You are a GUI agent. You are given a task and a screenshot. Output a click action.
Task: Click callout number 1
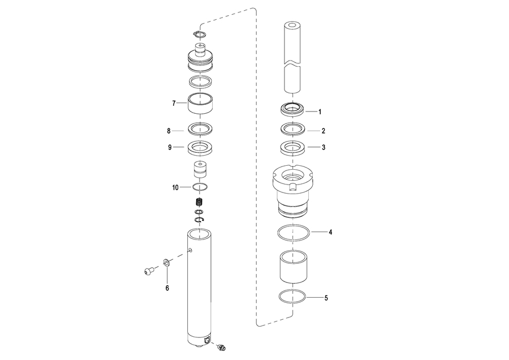(320, 112)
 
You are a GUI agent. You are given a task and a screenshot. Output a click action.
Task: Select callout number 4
(330, 232)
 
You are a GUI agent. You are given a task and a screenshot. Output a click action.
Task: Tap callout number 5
(326, 298)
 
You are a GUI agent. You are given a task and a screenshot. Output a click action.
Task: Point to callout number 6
(167, 288)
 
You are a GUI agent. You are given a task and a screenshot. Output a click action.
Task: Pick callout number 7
(174, 104)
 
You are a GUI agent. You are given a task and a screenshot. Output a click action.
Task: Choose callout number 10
(175, 188)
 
